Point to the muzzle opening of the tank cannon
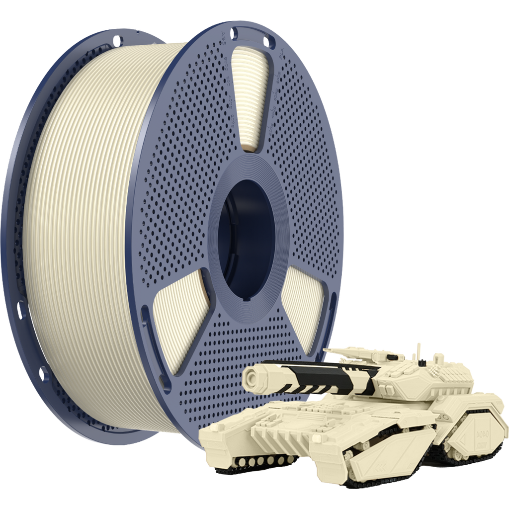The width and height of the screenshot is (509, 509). (252, 381)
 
